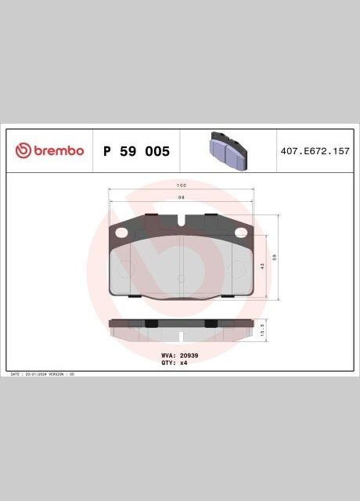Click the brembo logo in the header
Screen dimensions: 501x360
[49, 150]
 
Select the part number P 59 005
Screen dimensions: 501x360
[136, 150]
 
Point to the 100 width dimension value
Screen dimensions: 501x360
[181, 186]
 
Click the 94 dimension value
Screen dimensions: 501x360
[181, 197]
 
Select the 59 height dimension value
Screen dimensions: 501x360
[275, 257]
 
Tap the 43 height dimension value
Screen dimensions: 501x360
[263, 266]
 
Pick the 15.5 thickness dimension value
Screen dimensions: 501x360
[263, 330]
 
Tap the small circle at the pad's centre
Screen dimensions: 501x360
[181, 277]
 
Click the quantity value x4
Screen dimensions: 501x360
[184, 362]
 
